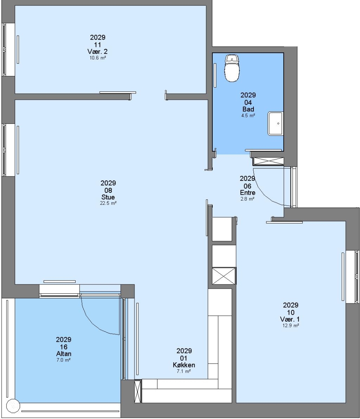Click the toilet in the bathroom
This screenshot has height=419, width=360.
(232, 68)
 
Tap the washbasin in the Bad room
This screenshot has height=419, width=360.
(276, 123)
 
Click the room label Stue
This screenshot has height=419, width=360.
(108, 197)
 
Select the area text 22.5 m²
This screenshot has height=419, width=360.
(108, 203)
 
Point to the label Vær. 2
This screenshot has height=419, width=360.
(97, 52)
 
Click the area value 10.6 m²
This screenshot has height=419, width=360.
(98, 57)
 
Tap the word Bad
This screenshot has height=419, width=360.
(248, 109)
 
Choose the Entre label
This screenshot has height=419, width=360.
(248, 193)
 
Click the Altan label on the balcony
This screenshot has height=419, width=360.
(64, 354)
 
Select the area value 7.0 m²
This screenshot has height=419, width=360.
(64, 360)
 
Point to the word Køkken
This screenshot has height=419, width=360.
(184, 365)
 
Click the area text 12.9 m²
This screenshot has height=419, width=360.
(291, 326)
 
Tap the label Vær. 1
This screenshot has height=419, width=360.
(290, 319)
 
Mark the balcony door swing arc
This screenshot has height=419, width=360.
(91, 323)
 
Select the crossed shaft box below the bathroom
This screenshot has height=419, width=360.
(268, 161)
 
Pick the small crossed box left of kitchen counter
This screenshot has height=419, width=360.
(138, 391)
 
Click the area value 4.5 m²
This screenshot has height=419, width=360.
(248, 116)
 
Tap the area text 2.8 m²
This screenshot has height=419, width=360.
(247, 199)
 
